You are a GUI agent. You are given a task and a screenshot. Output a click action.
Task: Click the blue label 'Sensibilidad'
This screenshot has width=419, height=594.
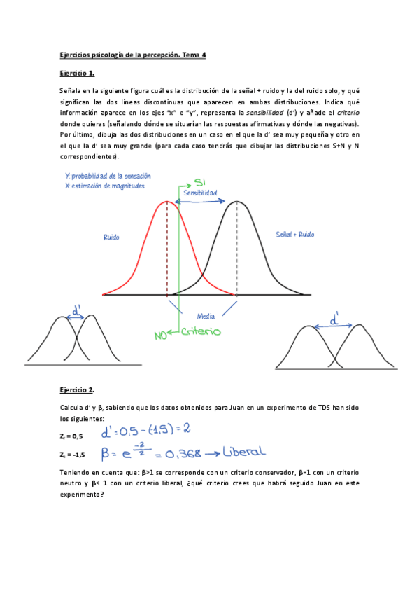[x=200, y=192]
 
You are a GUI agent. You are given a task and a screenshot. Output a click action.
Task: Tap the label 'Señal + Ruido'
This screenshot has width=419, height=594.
[x=295, y=234]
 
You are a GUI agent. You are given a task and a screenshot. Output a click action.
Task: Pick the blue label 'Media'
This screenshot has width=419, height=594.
[x=206, y=316]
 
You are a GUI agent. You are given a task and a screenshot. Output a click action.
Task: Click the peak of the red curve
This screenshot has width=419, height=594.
[x=167, y=202]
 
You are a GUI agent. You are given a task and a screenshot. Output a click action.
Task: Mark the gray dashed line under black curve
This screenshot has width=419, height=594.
[x=237, y=249]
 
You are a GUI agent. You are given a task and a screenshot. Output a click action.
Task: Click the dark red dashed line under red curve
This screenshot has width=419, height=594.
[x=167, y=249]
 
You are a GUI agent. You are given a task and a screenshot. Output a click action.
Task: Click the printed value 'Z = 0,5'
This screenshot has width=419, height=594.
[x=72, y=436]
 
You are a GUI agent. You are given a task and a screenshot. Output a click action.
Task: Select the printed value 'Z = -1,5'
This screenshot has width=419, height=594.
[x=73, y=454]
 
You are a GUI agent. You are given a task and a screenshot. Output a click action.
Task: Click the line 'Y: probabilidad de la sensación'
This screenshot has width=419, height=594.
[x=107, y=176]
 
